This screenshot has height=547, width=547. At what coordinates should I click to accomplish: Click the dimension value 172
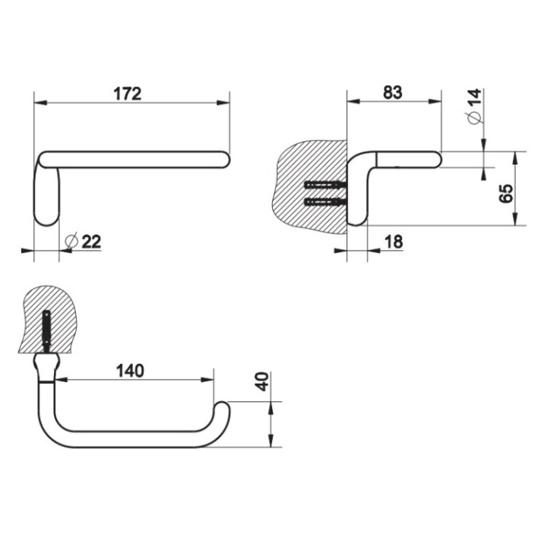(x=128, y=93)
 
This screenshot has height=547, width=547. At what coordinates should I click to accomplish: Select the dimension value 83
(x=393, y=93)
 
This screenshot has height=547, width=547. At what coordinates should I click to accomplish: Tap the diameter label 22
(x=91, y=241)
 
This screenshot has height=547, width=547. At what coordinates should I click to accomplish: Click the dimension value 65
(x=506, y=194)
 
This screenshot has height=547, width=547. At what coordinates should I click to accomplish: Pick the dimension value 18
(x=394, y=242)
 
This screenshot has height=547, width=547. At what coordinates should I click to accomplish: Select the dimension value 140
(x=130, y=371)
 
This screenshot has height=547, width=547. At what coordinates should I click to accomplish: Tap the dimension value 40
(x=262, y=381)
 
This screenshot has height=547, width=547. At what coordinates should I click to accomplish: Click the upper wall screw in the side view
(x=325, y=185)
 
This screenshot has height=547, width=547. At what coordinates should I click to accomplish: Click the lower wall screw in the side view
(x=325, y=201)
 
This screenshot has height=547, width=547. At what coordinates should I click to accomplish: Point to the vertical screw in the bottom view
(x=46, y=332)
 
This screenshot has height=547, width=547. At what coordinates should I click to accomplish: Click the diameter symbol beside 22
(x=71, y=241)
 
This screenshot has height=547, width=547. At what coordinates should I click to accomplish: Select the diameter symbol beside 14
(x=475, y=119)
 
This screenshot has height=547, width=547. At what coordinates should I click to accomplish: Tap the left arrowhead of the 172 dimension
(x=40, y=103)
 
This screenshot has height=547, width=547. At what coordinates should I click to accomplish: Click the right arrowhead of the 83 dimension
(x=435, y=101)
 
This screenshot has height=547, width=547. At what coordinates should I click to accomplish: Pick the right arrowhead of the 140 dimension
(x=207, y=380)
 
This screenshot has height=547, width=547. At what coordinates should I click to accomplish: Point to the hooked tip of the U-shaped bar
(x=221, y=405)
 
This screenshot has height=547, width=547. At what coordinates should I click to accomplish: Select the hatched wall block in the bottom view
(x=47, y=320)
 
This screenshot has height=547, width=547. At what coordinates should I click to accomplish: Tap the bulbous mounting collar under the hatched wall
(x=46, y=367)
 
